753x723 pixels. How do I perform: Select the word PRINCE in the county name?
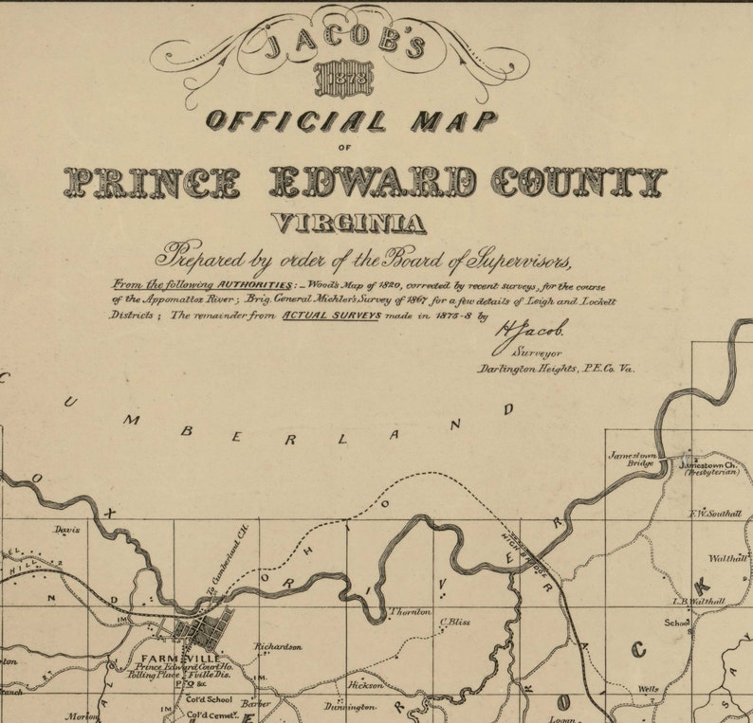pyautogui.click(x=151, y=181)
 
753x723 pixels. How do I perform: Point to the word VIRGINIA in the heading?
pyautogui.click(x=348, y=223)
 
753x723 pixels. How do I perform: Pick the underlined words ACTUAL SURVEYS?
pyautogui.click(x=331, y=316)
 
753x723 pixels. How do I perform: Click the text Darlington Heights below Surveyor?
pyautogui.click(x=522, y=368)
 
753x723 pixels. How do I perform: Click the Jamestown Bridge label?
pyautogui.click(x=631, y=460)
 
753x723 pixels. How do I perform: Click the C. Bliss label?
pyautogui.click(x=455, y=623)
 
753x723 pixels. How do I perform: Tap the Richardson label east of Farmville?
pyautogui.click(x=277, y=646)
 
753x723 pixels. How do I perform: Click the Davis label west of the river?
pyautogui.click(x=66, y=530)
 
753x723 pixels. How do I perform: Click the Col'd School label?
pyautogui.click(x=210, y=698)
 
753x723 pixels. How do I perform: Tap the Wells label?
pyautogui.click(x=648, y=689)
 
